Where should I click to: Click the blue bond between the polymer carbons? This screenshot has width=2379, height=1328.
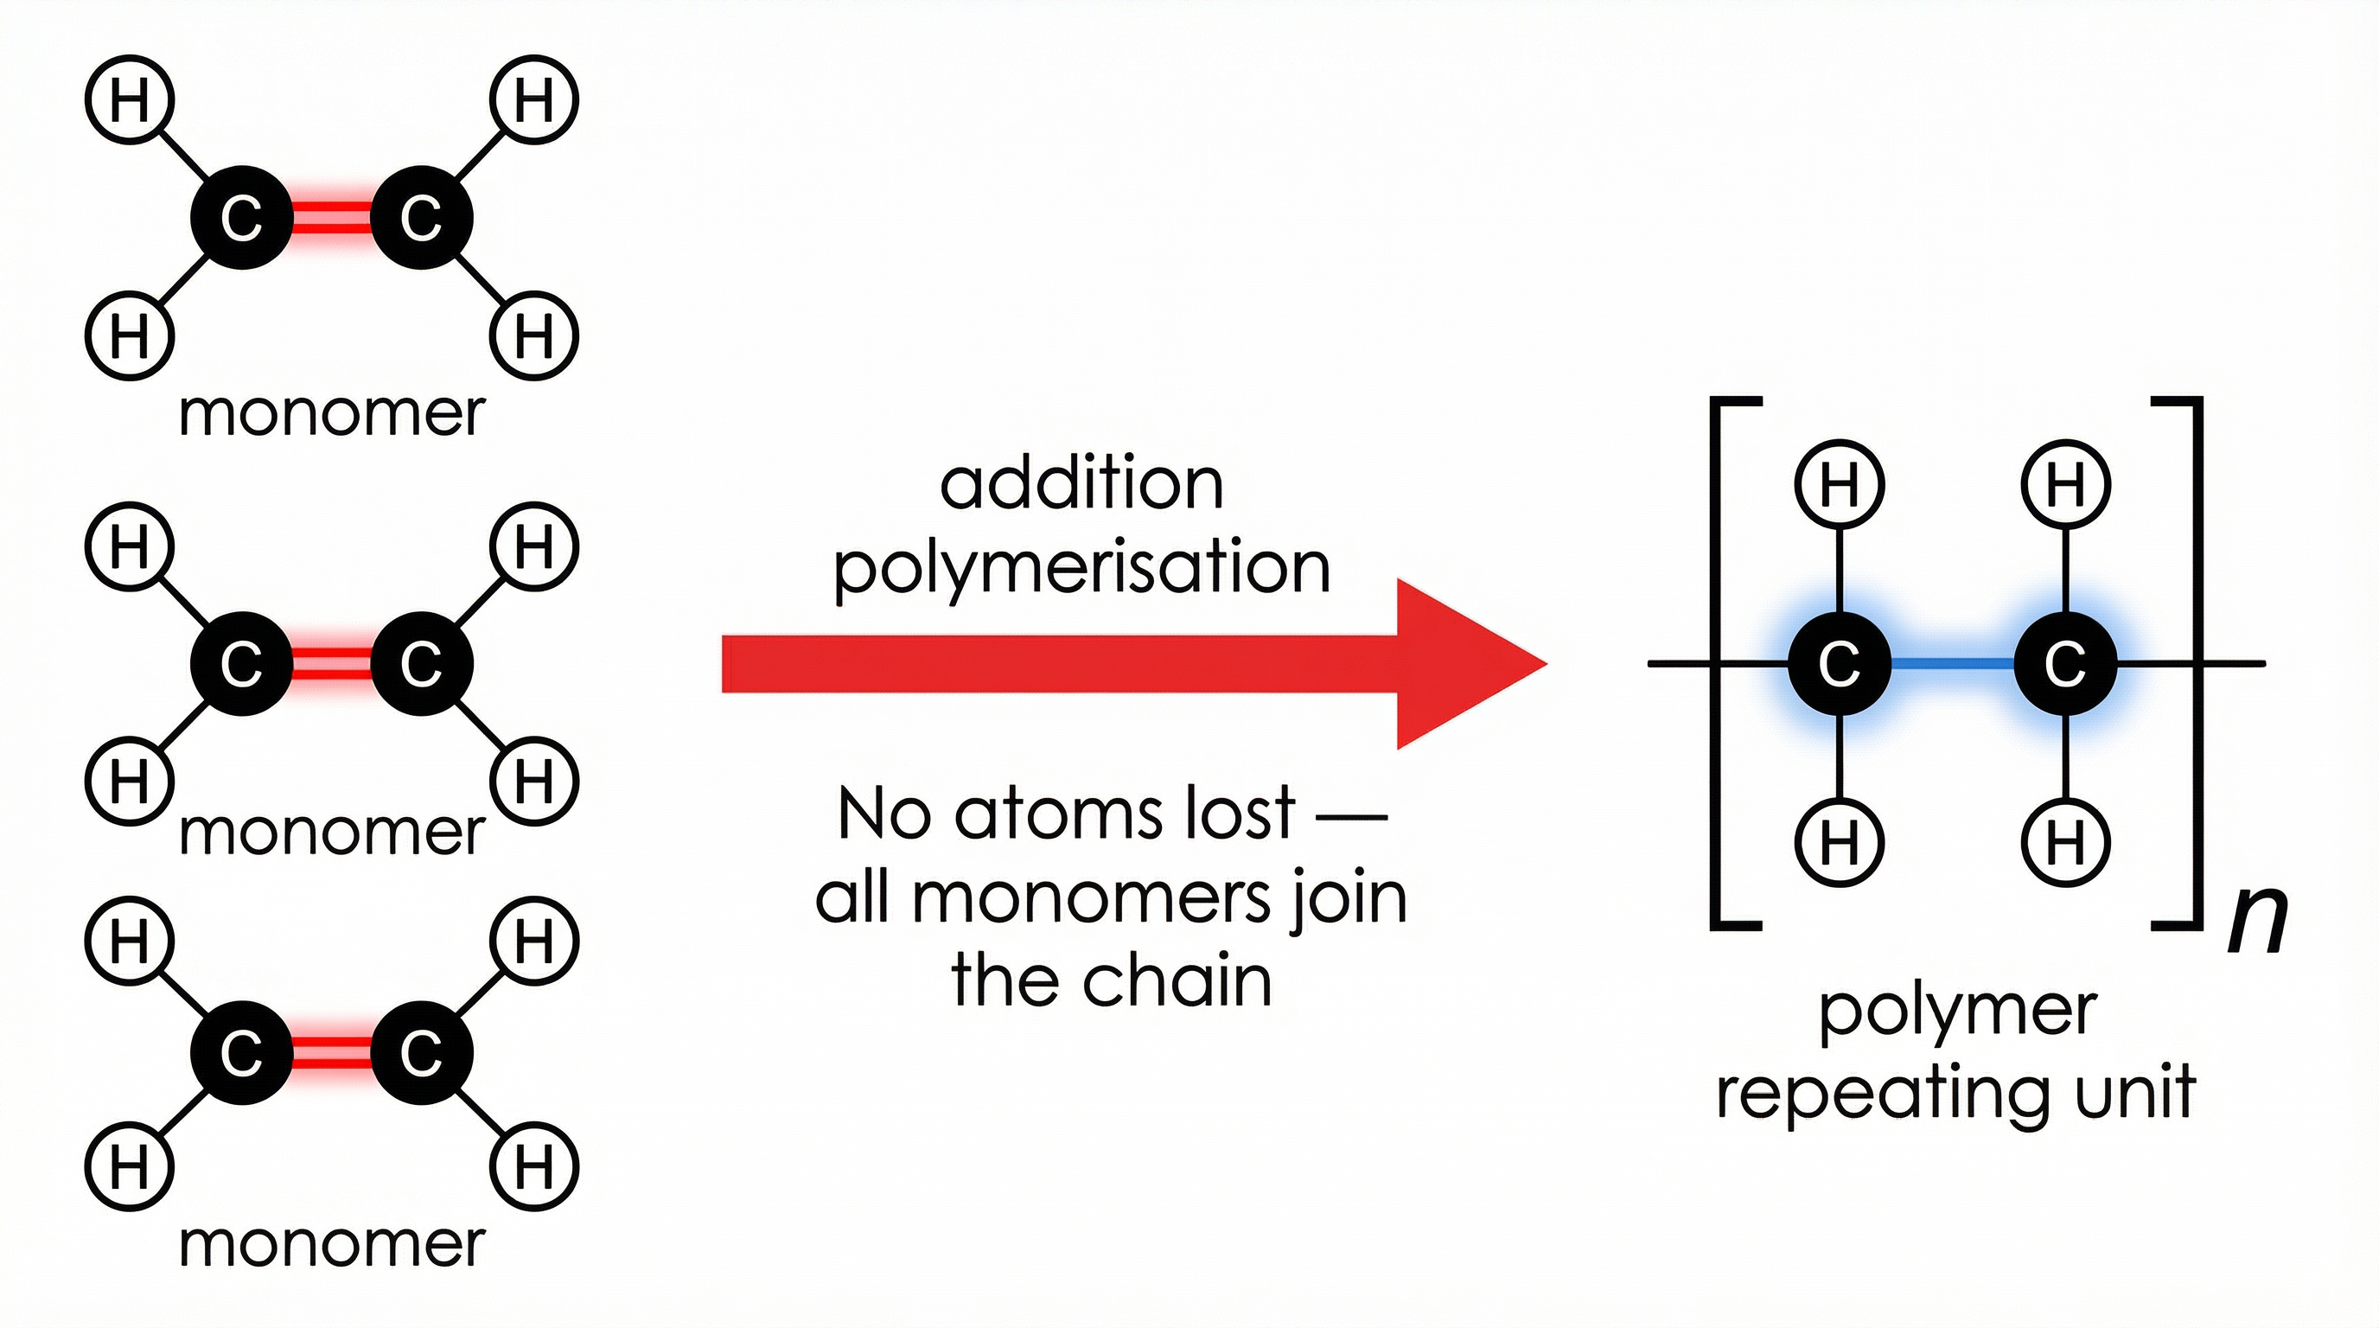(x=1952, y=663)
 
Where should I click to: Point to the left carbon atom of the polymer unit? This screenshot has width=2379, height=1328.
(x=1839, y=663)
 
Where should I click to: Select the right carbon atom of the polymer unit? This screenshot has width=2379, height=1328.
(x=2065, y=663)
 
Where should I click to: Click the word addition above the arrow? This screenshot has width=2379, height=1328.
(x=1081, y=484)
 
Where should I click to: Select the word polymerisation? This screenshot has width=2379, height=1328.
(x=1081, y=567)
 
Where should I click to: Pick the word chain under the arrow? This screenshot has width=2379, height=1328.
(x=1177, y=980)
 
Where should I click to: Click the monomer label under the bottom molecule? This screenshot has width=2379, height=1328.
(x=332, y=1244)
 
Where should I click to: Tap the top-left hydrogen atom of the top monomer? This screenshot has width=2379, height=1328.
(x=130, y=99)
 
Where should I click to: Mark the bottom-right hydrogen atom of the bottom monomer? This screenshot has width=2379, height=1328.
(x=533, y=1165)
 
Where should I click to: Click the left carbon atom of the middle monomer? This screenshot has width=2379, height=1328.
(x=242, y=663)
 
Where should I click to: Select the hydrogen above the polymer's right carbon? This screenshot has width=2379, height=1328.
(x=2065, y=484)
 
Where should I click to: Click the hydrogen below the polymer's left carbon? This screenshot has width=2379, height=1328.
(x=1839, y=841)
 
